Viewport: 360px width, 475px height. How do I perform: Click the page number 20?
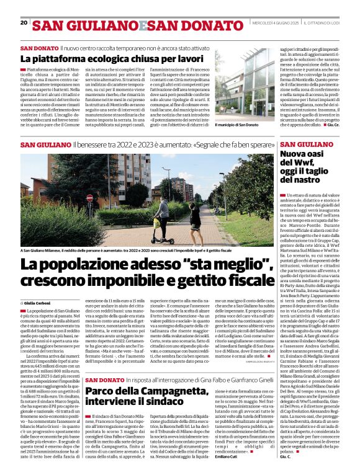(24, 23)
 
